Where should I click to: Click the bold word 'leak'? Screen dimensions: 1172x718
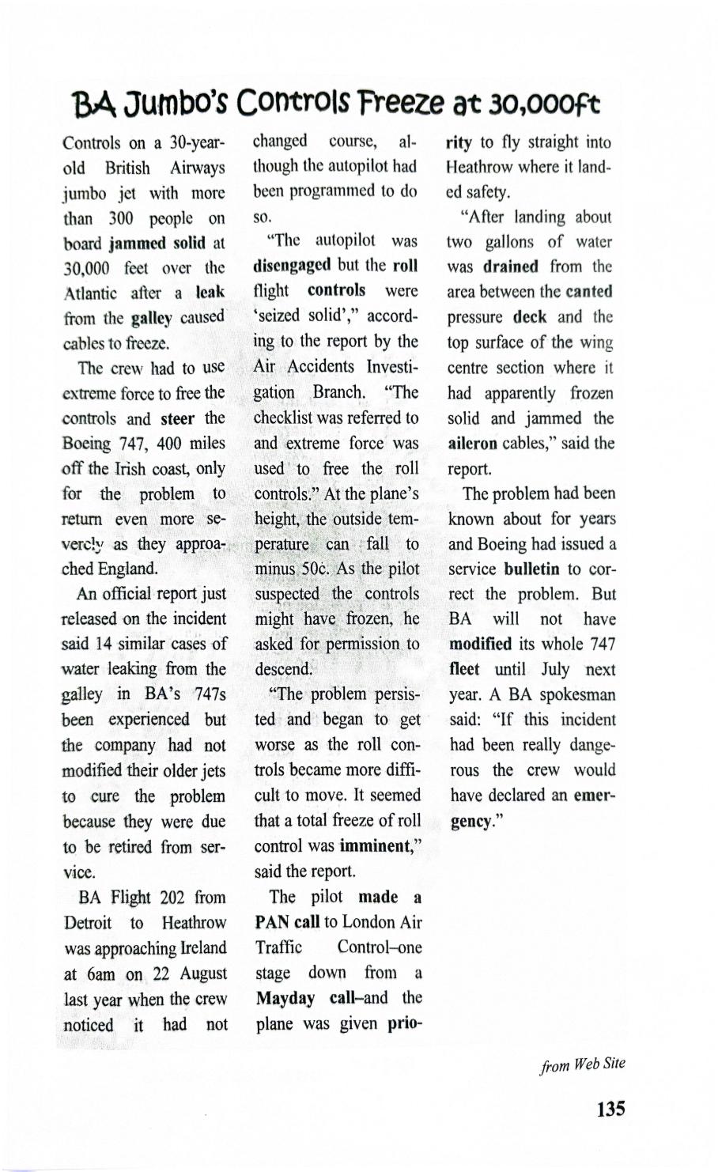pos(210,293)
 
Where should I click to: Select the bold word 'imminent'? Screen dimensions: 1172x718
pos(373,845)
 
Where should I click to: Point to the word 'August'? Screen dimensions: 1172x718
pos(201,974)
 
